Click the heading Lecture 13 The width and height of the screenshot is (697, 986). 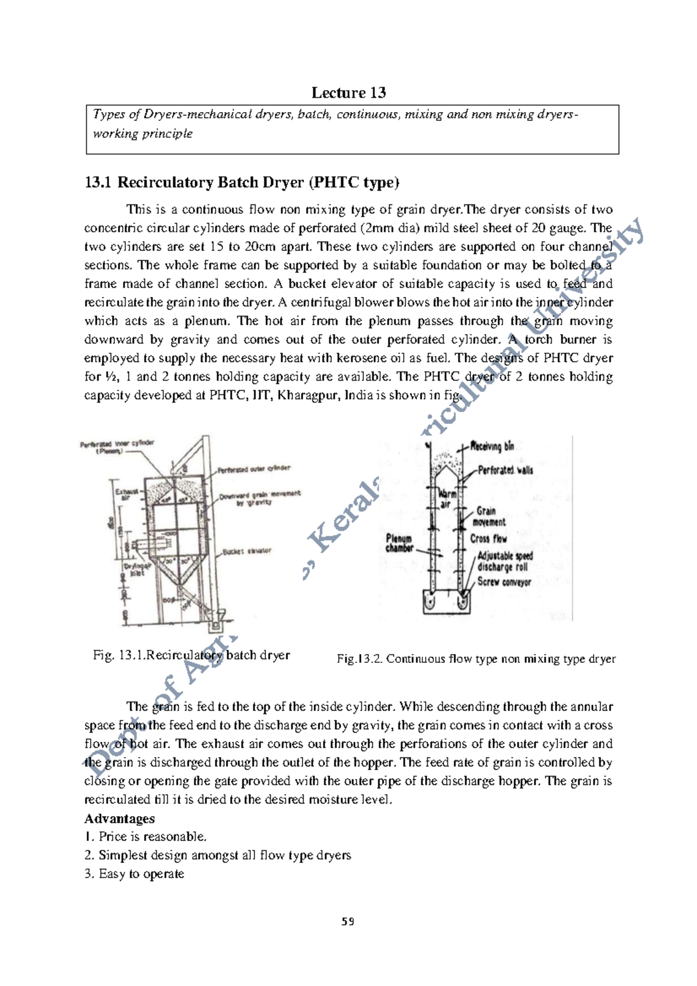pos(348,93)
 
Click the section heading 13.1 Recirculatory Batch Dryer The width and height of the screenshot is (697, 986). pos(242,182)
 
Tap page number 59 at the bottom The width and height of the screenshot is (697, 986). pos(348,922)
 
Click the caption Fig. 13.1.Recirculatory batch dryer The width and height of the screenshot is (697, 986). pos(191,655)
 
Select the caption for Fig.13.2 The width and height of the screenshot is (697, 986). pos(476,659)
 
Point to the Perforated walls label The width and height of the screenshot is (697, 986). pos(505,470)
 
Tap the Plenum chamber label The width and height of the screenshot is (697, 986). pos(400,543)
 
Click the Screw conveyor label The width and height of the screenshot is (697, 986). pos(504,582)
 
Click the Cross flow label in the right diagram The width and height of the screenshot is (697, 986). pos(488,539)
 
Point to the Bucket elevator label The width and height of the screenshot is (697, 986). pos(247,550)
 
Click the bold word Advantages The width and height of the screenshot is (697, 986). pos(120,819)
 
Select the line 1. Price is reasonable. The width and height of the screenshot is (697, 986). pos(145,837)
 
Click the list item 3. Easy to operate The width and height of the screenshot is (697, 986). pos(134,874)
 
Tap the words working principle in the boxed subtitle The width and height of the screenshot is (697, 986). pos(143,134)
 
